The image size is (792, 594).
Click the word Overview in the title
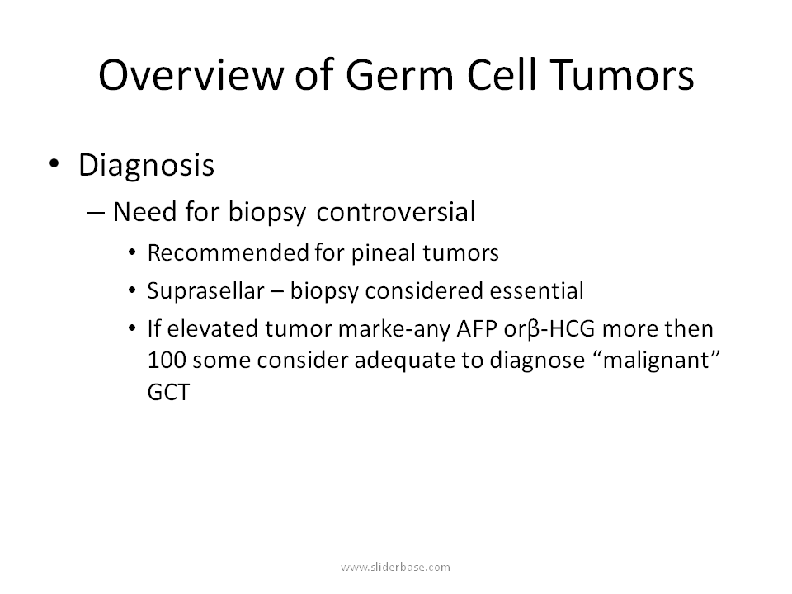[191, 75]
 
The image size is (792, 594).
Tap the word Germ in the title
[399, 75]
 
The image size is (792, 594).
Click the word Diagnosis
[147, 166]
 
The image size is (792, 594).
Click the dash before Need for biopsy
[96, 213]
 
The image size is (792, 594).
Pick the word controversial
[396, 212]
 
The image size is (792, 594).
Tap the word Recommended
[229, 252]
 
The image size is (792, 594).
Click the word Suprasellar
[206, 291]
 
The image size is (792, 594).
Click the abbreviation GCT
[168, 392]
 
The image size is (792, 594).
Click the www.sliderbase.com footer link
[395, 568]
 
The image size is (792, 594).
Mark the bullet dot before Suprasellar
[132, 290]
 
